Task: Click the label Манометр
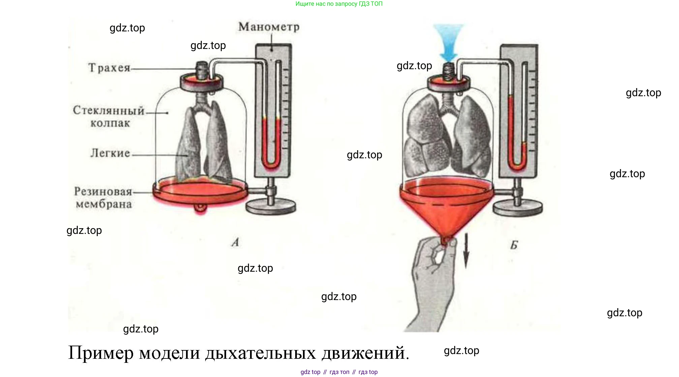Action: click(x=269, y=27)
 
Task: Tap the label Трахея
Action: click(x=109, y=68)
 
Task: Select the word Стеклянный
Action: click(x=109, y=110)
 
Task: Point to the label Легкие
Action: click(x=110, y=153)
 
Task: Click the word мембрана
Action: click(x=104, y=204)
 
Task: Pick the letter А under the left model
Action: click(x=236, y=242)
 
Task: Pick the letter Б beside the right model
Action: click(x=514, y=245)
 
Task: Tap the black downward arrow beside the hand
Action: click(x=466, y=251)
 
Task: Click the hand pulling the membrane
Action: click(x=431, y=280)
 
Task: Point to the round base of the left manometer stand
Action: click(x=271, y=207)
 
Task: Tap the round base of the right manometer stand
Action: click(x=518, y=207)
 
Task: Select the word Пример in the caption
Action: click(x=101, y=353)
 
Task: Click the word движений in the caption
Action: click(x=365, y=353)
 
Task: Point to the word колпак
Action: click(x=110, y=124)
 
